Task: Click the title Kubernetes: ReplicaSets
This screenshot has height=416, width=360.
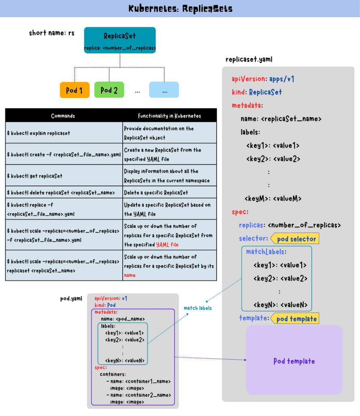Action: pyautogui.click(x=180, y=9)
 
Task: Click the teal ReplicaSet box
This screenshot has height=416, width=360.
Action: pyautogui.click(x=120, y=40)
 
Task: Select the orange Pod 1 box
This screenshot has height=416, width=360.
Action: pyautogui.click(x=74, y=90)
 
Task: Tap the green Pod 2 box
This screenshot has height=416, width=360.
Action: pyautogui.click(x=109, y=90)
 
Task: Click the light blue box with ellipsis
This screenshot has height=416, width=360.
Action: pyautogui.click(x=164, y=90)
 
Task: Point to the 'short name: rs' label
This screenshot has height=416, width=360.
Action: pyautogui.click(x=52, y=33)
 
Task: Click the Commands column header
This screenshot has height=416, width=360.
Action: pyautogui.click(x=63, y=116)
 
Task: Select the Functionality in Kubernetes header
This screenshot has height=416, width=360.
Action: pyautogui.click(x=169, y=116)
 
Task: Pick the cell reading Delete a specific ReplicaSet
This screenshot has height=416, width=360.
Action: pyautogui.click(x=156, y=193)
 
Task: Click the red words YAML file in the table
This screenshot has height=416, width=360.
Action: pyautogui.click(x=167, y=245)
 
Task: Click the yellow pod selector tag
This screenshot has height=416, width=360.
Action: pyautogui.click(x=295, y=239)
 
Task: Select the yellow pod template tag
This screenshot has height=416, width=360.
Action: pyautogui.click(x=295, y=318)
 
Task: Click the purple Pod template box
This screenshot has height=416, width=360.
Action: pyautogui.click(x=294, y=361)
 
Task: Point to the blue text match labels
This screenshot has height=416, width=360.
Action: pyautogui.click(x=198, y=308)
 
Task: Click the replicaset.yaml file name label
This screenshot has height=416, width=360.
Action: pyautogui.click(x=249, y=59)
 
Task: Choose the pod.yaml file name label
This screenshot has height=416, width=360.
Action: pyautogui.click(x=71, y=299)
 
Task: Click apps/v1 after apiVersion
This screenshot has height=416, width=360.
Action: pyautogui.click(x=282, y=79)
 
